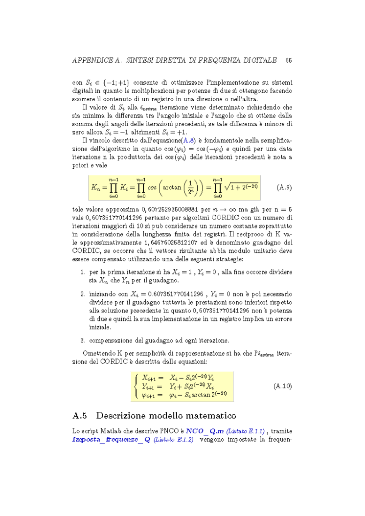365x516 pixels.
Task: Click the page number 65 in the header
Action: click(288, 60)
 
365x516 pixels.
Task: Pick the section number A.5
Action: click(80, 416)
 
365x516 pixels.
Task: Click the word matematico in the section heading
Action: click(210, 416)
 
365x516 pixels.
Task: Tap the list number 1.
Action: click(83, 272)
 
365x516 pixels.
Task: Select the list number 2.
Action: click(83, 294)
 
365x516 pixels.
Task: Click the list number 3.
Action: click(83, 340)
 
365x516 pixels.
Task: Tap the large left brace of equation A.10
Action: click(137, 385)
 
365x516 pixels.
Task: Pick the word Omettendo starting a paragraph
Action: click(98, 353)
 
